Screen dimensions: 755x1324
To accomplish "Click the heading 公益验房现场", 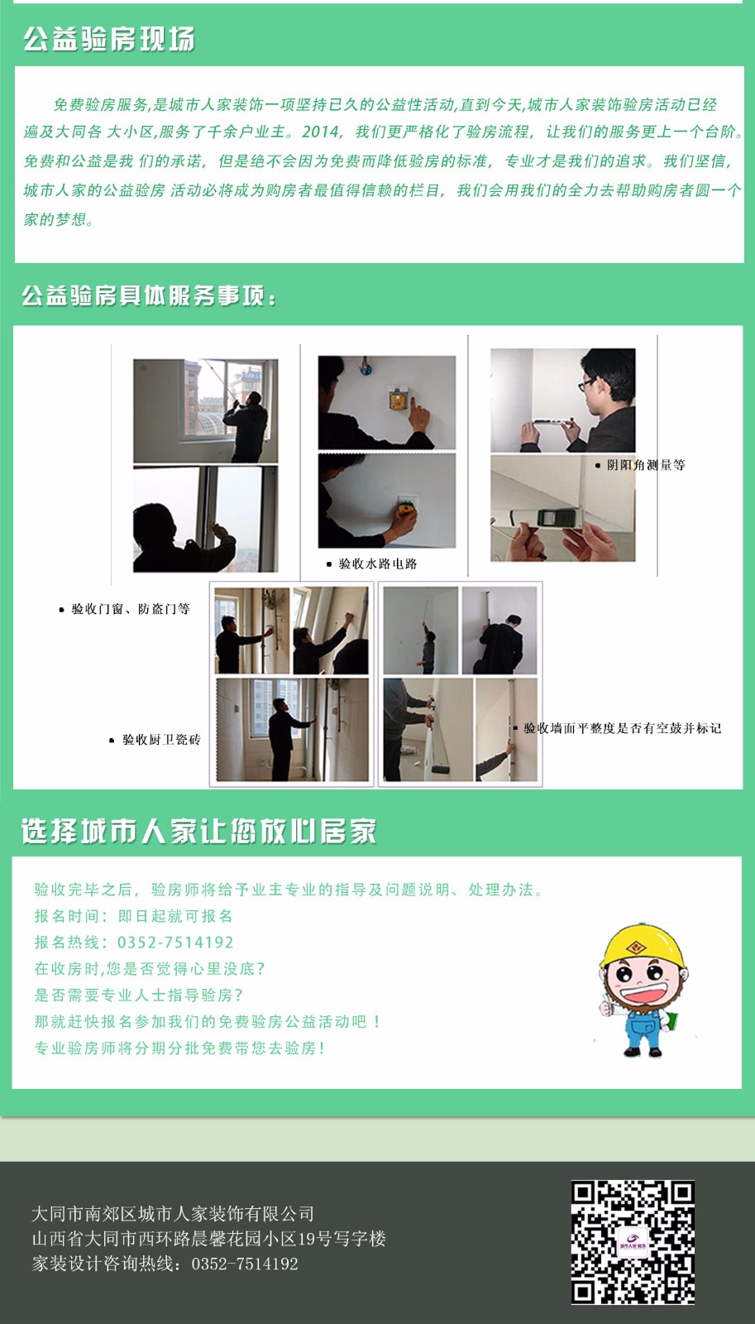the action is [x=108, y=39].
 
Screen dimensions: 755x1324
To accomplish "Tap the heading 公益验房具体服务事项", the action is [x=149, y=295].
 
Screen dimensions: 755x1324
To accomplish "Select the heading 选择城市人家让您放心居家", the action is [x=199, y=831].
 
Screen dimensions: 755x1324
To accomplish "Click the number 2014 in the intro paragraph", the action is [x=322, y=132].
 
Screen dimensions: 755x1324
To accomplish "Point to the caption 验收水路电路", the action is [x=378, y=564].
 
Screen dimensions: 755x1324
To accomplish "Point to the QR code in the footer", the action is [x=633, y=1242].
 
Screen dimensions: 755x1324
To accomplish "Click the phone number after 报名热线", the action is [x=175, y=943].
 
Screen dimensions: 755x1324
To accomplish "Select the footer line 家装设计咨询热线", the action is [x=165, y=1264].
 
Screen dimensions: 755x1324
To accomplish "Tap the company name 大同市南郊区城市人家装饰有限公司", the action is [x=173, y=1214].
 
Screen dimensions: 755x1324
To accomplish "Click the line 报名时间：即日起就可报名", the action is [x=133, y=916].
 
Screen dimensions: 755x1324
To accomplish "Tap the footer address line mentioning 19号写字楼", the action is [x=208, y=1239].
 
